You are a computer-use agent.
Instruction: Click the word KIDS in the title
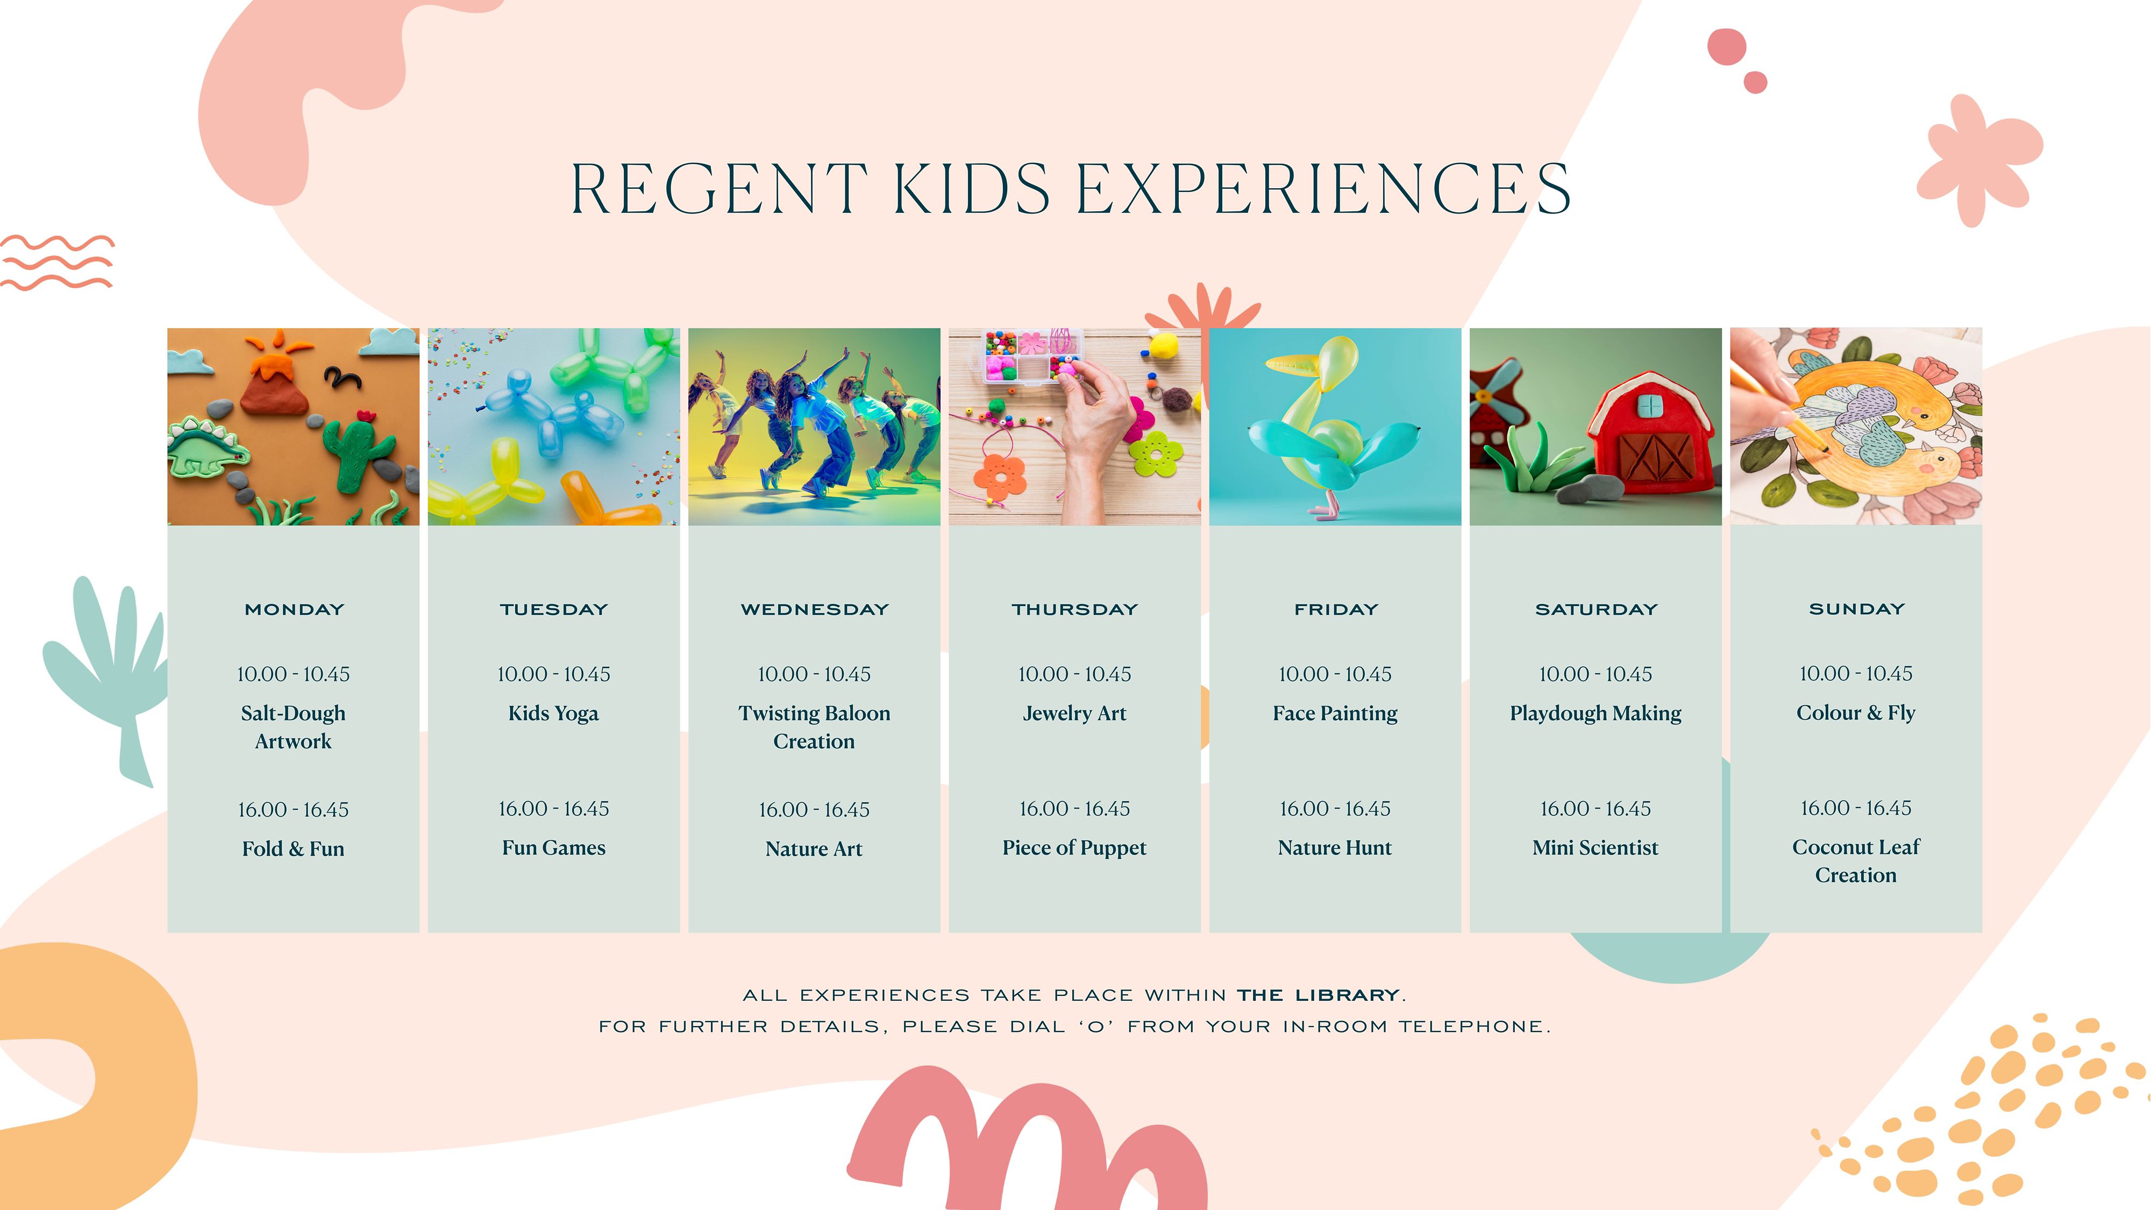pyautogui.click(x=972, y=189)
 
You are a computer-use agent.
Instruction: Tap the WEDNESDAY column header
pyautogui.click(x=814, y=610)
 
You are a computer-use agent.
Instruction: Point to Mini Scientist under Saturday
pyautogui.click(x=1595, y=848)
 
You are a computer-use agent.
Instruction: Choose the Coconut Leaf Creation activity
pyautogui.click(x=1855, y=861)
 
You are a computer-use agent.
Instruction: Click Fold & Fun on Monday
pyautogui.click(x=293, y=849)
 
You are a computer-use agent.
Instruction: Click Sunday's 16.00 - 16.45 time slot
pyautogui.click(x=1855, y=808)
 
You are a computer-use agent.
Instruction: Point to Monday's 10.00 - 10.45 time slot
pyautogui.click(x=293, y=674)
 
